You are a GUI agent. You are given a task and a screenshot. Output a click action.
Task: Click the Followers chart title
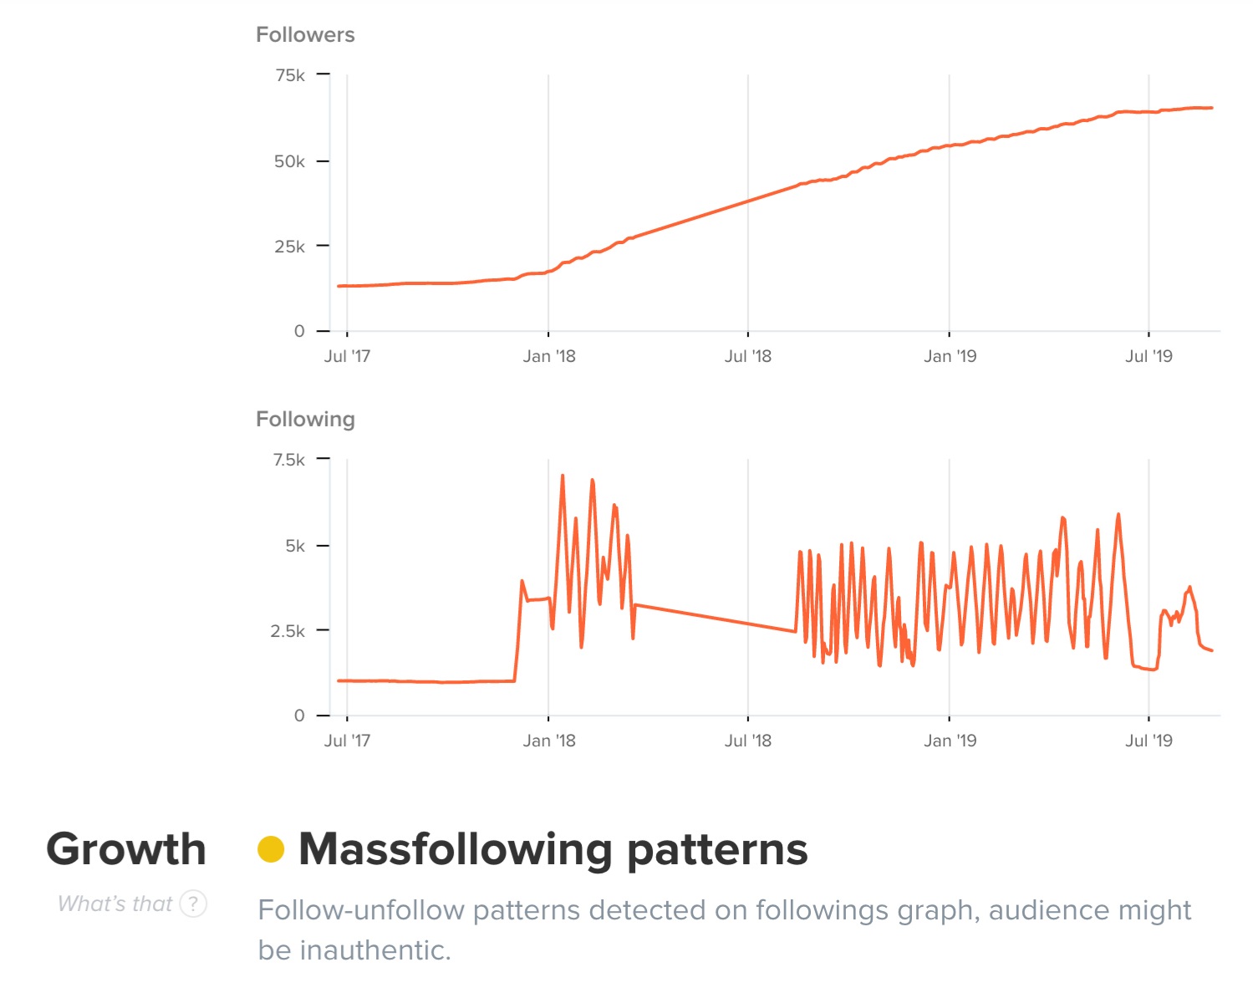pos(305,35)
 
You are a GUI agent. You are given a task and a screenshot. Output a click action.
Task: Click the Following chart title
pos(305,420)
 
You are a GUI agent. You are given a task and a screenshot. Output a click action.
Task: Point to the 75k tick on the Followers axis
pos(290,75)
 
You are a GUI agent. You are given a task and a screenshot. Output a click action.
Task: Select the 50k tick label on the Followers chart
pos(289,161)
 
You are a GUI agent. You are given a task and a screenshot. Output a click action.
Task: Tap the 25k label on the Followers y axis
pos(289,247)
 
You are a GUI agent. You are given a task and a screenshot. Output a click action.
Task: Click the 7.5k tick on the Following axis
pos(289,460)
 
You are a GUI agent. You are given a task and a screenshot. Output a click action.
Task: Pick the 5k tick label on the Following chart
pos(295,546)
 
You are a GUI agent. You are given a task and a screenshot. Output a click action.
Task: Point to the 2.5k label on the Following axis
pos(288,631)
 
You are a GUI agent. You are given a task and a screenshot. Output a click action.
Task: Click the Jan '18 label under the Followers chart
pos(549,357)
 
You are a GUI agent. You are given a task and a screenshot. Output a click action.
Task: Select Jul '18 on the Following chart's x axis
pos(748,741)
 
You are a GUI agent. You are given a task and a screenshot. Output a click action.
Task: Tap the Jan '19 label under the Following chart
pos(950,741)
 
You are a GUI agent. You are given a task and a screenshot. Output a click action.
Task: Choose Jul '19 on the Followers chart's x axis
pos(1149,357)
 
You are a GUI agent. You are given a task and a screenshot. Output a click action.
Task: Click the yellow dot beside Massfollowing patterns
pos(271,849)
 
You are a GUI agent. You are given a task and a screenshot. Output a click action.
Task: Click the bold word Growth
pos(126,849)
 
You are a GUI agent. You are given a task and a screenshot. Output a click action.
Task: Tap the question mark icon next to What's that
pos(194,904)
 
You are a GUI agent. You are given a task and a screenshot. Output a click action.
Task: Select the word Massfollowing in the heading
pos(456,849)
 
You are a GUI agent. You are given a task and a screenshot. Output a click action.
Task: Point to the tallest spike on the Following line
pos(563,476)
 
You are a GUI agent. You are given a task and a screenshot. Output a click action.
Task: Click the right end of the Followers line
pos(1211,108)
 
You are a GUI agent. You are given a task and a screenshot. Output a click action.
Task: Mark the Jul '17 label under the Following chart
pos(347,741)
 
